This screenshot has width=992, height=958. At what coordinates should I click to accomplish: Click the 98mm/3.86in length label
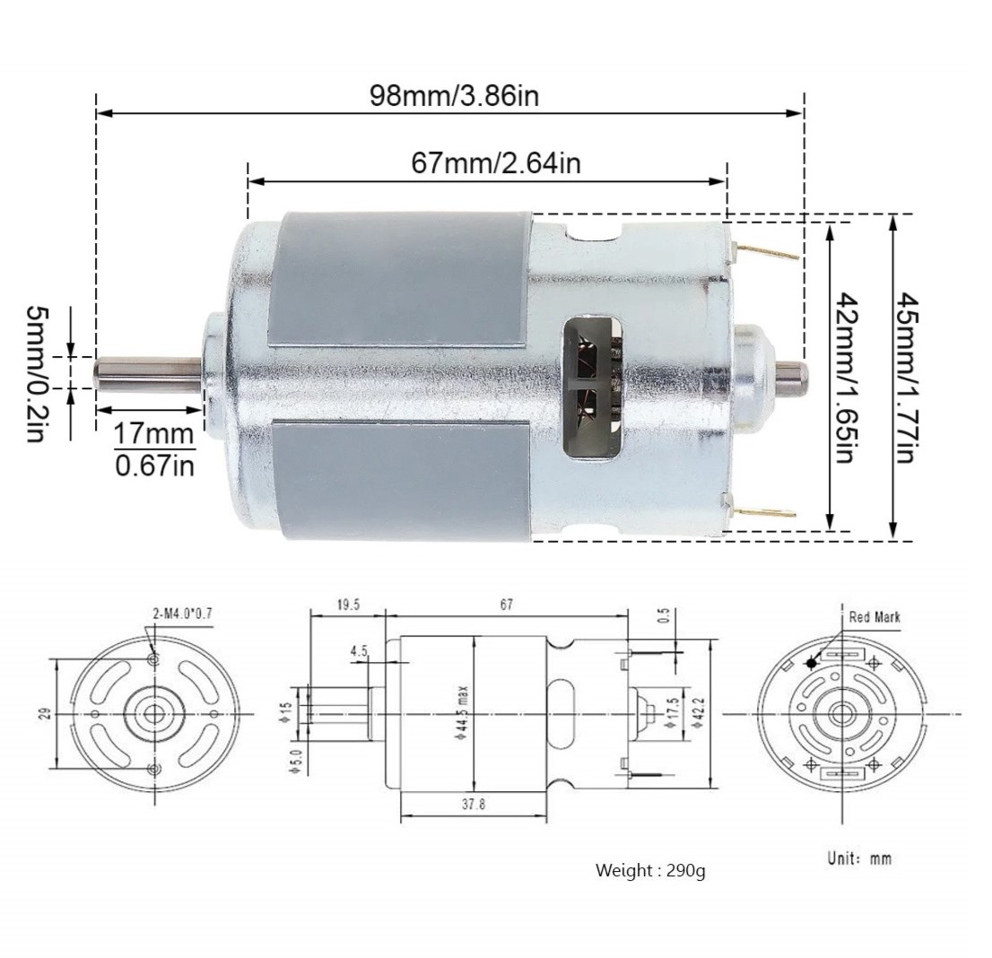(x=454, y=96)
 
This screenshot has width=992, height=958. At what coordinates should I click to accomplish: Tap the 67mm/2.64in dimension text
(x=495, y=163)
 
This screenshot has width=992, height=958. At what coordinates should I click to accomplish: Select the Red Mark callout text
(x=874, y=617)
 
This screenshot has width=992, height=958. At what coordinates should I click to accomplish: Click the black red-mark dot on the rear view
(x=812, y=664)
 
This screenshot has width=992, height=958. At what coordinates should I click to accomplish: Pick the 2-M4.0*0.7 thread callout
(x=182, y=614)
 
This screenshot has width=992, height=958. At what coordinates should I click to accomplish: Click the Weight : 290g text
(x=650, y=870)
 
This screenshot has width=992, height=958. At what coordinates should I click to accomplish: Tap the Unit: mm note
(x=858, y=858)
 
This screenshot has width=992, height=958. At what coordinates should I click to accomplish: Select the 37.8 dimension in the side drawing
(x=474, y=805)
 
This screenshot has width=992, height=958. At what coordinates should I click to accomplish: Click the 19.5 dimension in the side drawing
(x=348, y=605)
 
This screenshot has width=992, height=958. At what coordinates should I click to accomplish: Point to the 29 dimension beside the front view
(x=44, y=713)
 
